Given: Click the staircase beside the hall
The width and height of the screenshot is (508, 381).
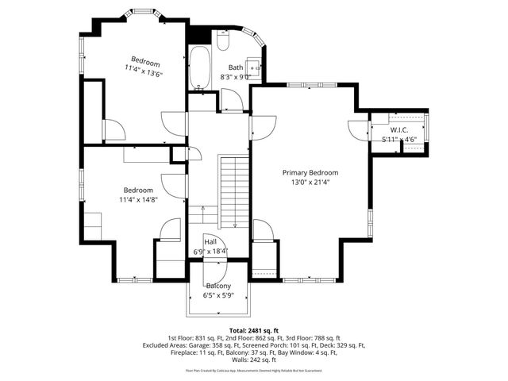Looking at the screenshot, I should pos(233,190).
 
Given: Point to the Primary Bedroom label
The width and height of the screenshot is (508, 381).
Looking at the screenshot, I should pos(310,172).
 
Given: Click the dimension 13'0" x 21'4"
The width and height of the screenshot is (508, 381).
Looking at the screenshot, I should pos(310,182).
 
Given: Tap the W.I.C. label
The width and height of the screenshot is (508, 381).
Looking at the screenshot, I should pos(398,130).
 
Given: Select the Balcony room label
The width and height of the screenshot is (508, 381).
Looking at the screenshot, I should pos(218,286).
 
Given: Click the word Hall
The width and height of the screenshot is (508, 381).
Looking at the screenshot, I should pos(210,242).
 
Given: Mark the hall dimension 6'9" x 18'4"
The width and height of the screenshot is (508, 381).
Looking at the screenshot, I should pos(210,252).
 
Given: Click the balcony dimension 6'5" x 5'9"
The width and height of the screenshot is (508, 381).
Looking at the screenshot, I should pos(218,295).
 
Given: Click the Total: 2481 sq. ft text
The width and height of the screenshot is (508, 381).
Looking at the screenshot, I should pos(253,329).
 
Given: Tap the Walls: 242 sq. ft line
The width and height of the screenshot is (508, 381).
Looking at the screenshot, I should pos(253,360).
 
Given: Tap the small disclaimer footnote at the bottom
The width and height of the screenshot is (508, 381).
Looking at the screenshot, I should pos(253,370).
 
